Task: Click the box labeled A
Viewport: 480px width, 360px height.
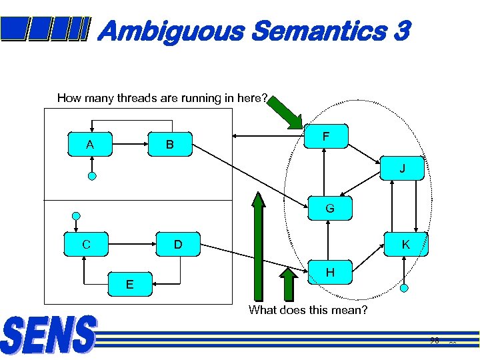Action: click(91, 143)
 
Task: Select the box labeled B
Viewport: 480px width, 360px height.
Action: click(170, 143)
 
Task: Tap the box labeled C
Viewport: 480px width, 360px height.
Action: click(87, 245)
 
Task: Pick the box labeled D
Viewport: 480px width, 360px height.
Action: click(178, 245)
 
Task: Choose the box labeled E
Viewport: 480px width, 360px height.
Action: click(130, 285)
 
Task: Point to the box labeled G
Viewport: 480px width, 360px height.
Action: click(329, 209)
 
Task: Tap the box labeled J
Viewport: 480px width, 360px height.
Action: click(402, 169)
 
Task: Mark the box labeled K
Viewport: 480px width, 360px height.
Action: click(405, 245)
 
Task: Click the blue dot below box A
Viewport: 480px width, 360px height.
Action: click(92, 177)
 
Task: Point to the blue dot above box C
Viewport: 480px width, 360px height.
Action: click(77, 216)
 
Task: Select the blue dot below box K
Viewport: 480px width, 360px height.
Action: click(404, 288)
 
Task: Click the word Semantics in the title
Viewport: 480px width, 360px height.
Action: click(319, 31)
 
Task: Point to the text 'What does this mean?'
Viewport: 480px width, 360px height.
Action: click(308, 310)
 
